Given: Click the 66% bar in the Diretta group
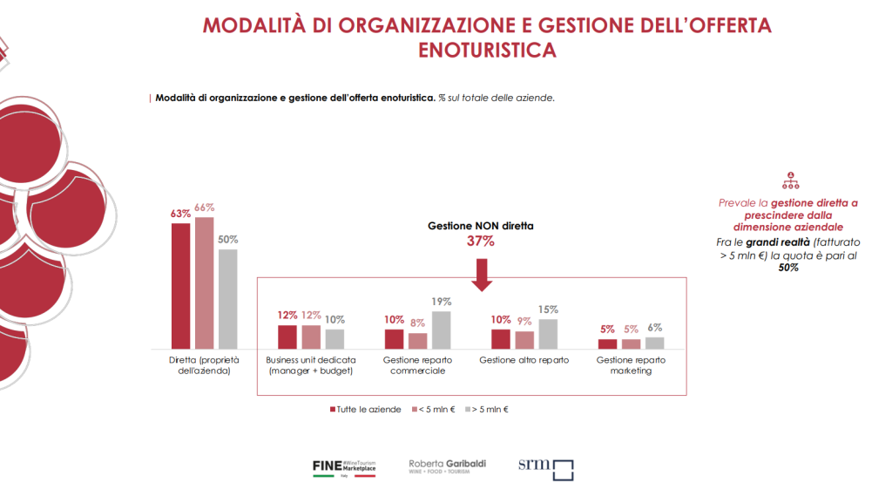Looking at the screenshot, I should (x=204, y=282).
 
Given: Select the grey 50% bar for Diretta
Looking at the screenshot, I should (x=227, y=299).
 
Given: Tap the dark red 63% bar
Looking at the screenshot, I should (x=180, y=286).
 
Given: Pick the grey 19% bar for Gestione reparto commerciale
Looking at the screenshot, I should (x=442, y=330).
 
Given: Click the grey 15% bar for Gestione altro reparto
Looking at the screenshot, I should (x=548, y=334).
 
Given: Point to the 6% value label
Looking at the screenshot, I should (x=655, y=327).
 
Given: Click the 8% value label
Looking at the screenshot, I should (x=417, y=323).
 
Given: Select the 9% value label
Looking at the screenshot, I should (x=524, y=320).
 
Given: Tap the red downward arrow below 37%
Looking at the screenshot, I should (x=481, y=274).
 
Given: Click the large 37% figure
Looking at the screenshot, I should (x=481, y=241).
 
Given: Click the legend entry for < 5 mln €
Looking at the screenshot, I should (x=433, y=408).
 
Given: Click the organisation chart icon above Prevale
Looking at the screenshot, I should (x=791, y=180).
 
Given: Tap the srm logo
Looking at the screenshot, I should (x=546, y=469).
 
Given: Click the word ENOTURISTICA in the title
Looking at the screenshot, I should (x=486, y=50).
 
